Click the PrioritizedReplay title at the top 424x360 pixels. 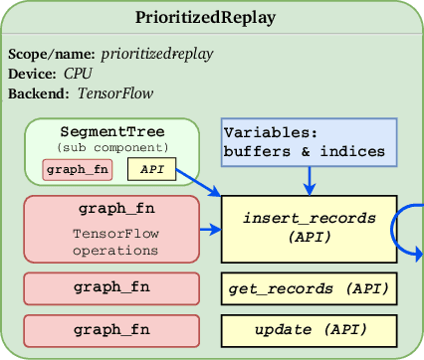tap(212, 19)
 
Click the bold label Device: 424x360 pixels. tap(34, 73)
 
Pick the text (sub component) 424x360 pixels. tap(112, 147)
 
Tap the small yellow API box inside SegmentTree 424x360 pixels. tap(152, 170)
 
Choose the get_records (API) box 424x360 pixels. tap(309, 288)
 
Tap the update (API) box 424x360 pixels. tap(309, 328)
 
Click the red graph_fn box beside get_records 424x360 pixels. tap(112, 287)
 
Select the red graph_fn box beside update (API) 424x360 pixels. tap(112, 328)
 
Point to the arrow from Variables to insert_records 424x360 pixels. tap(311, 179)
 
